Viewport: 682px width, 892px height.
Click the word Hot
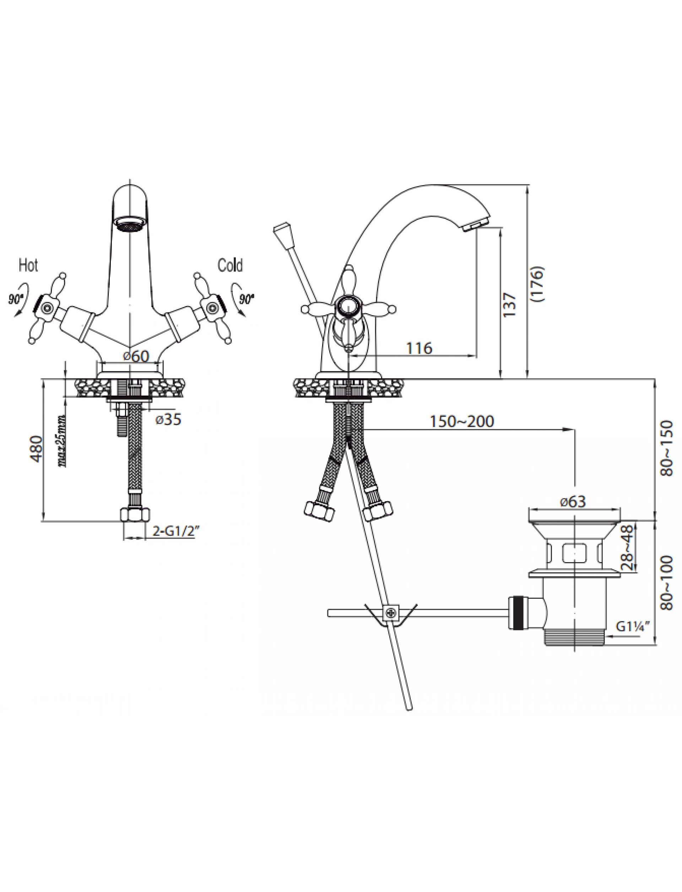28,266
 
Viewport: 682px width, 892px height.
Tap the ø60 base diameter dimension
136,356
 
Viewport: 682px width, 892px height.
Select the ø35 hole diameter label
168,420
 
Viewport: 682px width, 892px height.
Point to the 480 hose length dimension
36,450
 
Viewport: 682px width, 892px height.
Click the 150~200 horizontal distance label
462,421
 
